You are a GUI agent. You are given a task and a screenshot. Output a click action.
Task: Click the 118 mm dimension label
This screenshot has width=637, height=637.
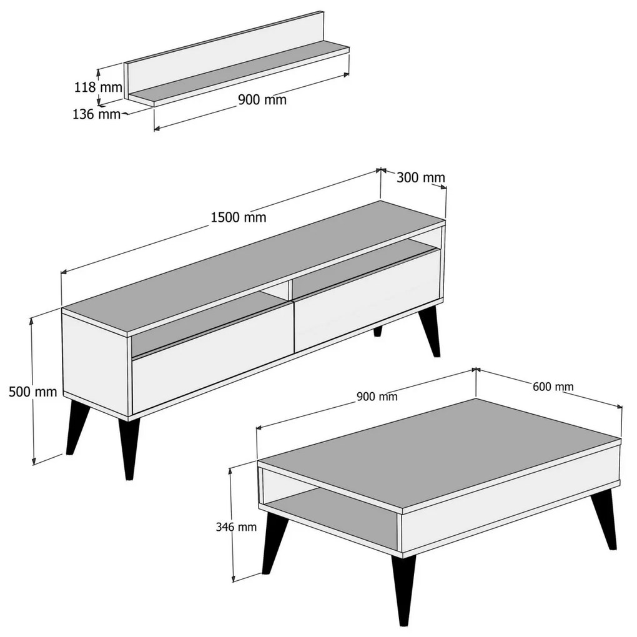pyautogui.click(x=98, y=87)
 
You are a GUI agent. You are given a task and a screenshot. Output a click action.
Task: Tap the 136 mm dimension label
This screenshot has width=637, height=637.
pyautogui.click(x=97, y=114)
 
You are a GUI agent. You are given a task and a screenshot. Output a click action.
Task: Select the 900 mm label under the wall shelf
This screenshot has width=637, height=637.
pyautogui.click(x=262, y=99)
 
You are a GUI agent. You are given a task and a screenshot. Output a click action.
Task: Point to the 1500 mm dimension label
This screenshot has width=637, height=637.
pyautogui.click(x=239, y=217)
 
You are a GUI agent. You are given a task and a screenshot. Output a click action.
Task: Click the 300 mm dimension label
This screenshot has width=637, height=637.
pyautogui.click(x=421, y=177)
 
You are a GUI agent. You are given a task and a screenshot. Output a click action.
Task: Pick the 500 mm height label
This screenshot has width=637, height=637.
pyautogui.click(x=33, y=392)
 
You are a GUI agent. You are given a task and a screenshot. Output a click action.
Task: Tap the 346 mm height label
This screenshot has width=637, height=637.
pyautogui.click(x=236, y=527)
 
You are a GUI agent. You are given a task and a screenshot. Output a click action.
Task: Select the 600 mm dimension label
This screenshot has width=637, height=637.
pyautogui.click(x=553, y=387)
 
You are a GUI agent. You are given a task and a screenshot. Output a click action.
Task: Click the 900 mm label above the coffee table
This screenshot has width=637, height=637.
pyautogui.click(x=377, y=396)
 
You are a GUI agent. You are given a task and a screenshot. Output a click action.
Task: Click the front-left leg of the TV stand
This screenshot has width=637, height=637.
pyautogui.click(x=129, y=447)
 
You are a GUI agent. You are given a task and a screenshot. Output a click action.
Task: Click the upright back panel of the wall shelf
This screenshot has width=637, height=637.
pyautogui.click(x=224, y=54)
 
